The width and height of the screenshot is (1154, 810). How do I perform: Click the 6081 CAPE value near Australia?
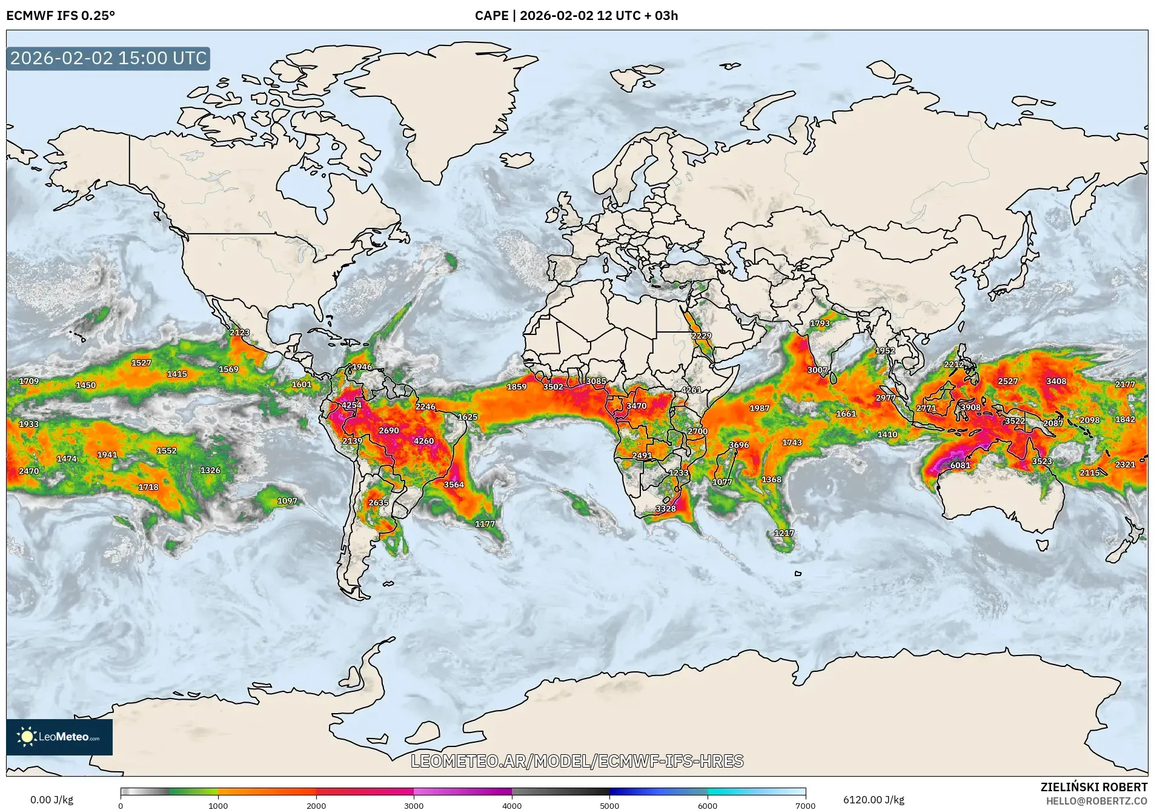[960, 465]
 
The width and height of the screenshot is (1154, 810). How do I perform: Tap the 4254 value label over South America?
[351, 405]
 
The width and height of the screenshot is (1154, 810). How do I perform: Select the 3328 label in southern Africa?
[666, 508]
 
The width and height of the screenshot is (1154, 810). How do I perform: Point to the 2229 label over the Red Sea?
[701, 336]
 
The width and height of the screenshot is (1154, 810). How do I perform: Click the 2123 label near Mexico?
[240, 332]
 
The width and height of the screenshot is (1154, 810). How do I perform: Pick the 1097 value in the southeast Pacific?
[287, 501]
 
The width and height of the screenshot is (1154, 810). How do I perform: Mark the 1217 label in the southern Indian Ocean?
[784, 533]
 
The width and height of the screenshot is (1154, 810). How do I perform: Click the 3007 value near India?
[817, 370]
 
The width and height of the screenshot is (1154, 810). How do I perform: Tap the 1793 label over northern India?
[820, 324]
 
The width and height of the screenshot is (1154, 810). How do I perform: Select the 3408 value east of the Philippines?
[1056, 381]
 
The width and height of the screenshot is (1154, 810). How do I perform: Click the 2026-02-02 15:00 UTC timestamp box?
[108, 59]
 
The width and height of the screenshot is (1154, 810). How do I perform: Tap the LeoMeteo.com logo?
[59, 737]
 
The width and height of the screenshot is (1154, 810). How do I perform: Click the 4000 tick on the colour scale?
[512, 805]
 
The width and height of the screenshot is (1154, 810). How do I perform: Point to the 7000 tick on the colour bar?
[805, 805]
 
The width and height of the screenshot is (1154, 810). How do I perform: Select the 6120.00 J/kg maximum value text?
[874, 800]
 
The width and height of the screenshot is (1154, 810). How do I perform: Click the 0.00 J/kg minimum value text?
[51, 800]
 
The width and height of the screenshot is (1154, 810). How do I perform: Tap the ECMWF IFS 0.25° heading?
[61, 16]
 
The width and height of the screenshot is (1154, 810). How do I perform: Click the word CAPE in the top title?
[491, 16]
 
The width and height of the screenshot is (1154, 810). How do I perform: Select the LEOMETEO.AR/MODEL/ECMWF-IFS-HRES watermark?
[577, 761]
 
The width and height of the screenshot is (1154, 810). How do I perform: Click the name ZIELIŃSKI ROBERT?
[1093, 787]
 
